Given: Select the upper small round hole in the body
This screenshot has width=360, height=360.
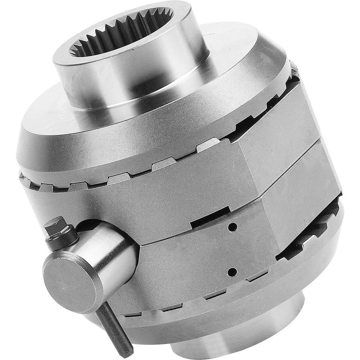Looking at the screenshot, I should (x=232, y=227).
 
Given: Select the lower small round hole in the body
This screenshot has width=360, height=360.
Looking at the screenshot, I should (x=232, y=271).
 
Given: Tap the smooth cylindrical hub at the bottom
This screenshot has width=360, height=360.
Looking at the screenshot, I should (x=240, y=334).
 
